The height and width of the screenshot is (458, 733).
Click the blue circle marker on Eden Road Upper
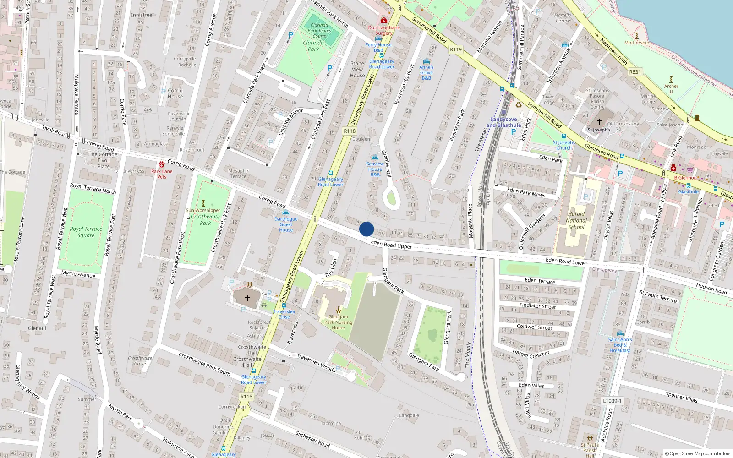pos(366,229)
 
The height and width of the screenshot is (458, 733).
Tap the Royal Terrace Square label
pos(86,232)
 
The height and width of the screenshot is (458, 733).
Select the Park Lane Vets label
pos(162,174)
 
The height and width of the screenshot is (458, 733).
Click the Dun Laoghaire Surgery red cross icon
pos(384,21)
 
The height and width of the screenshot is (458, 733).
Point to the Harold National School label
pos(576,220)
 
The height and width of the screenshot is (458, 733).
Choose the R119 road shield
pos(456,49)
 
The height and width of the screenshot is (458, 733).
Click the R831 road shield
pos(635,72)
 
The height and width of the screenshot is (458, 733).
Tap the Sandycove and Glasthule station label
pos(503,122)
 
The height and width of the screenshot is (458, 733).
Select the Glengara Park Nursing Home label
pos(339,322)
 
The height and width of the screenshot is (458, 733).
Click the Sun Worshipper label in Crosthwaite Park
pos(203,211)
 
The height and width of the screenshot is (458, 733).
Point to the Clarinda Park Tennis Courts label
pos(319,31)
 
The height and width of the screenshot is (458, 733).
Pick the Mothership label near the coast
pos(636,43)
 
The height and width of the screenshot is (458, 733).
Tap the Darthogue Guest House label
pos(286,224)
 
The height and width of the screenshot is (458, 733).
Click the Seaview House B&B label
pos(375,169)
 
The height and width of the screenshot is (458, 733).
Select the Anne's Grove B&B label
pos(426,72)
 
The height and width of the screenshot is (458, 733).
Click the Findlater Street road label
pos(537,306)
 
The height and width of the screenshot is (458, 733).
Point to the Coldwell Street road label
pos(534,327)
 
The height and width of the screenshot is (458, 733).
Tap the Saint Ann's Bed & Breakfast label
pos(620,345)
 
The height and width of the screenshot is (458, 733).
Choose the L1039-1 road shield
pos(612,401)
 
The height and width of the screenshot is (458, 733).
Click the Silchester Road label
pos(312,439)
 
